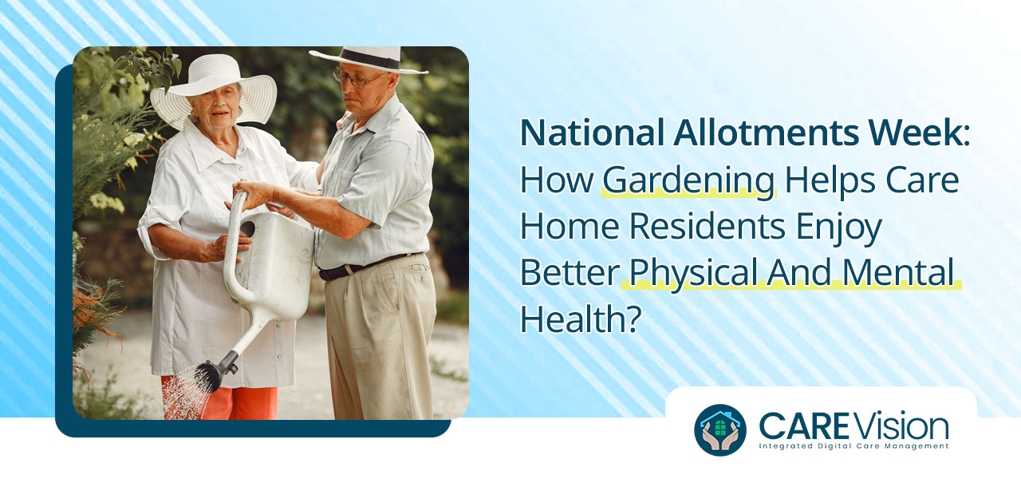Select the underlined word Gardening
click(x=688, y=180)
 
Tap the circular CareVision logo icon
click(x=720, y=430)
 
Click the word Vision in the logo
click(x=906, y=426)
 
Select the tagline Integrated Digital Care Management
click(x=853, y=446)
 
